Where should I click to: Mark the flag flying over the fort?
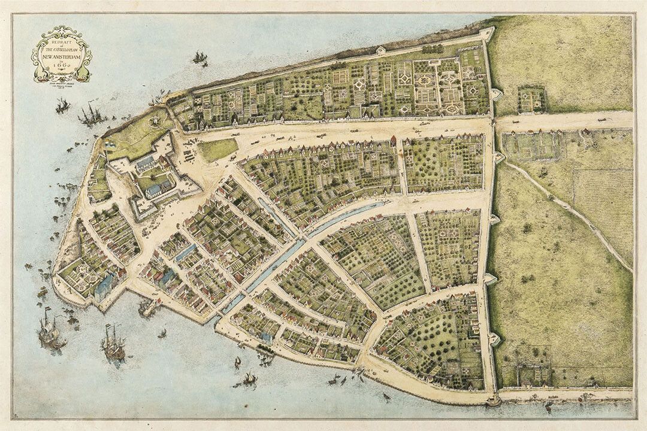coord(108,144)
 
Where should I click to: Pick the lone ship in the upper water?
coord(199,57)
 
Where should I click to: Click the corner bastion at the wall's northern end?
coord(486,33)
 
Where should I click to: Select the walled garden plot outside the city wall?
coord(531,99)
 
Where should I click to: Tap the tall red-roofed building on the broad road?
coord(394,141)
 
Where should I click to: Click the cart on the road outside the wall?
coord(600,128)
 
